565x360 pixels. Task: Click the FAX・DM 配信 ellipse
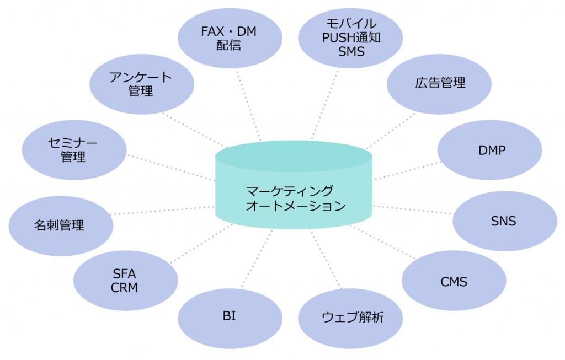(230, 38)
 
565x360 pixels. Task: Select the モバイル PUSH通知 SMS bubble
(350, 38)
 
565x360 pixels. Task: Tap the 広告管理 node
(439, 84)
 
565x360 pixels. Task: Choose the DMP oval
(490, 150)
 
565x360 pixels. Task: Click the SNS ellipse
(505, 221)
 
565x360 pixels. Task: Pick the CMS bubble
(454, 281)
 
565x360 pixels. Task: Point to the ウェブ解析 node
(350, 318)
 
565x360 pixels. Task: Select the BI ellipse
(230, 318)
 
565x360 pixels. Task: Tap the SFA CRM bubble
(126, 281)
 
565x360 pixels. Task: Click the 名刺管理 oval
(61, 226)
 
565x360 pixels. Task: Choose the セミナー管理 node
(74, 150)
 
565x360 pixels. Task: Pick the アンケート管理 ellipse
(142, 84)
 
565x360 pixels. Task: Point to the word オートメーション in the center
(296, 206)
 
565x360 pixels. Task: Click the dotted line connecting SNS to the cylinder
(413, 210)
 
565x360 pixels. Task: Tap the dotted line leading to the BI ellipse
(257, 259)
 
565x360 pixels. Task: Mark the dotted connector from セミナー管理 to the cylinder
(171, 168)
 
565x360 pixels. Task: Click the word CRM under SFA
(124, 288)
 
